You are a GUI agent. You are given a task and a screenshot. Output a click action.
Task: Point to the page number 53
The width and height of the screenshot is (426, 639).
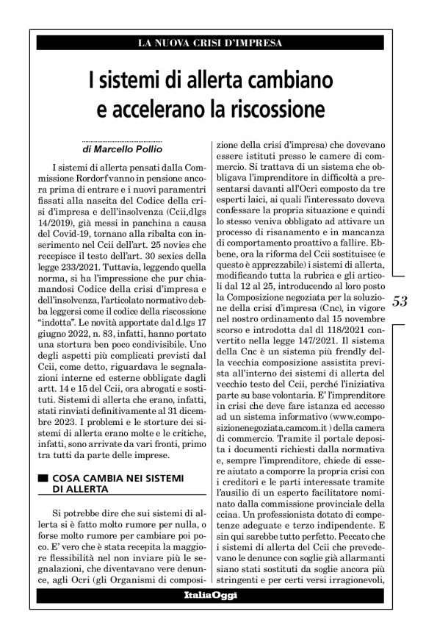point(401,280)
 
